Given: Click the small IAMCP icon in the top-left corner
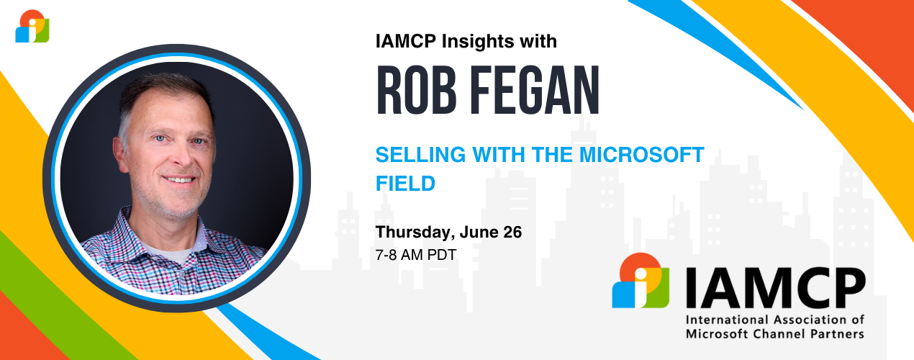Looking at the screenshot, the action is (32, 26).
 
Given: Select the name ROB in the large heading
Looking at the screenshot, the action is (416, 91).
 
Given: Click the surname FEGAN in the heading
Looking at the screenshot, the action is (535, 91).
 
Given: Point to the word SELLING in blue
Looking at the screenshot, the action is (420, 155).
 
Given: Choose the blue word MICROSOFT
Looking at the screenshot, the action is (642, 155).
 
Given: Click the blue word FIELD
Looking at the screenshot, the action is (405, 184).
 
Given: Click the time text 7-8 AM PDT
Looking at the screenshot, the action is (416, 255).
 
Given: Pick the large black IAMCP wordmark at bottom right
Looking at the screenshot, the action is (775, 288).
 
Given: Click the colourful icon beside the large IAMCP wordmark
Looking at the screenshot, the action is (641, 280).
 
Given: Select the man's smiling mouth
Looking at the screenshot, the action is (178, 179).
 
